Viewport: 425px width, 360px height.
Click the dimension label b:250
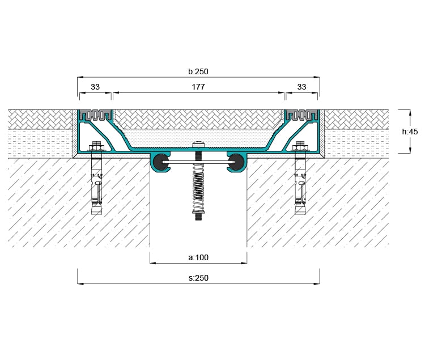tap(198, 71)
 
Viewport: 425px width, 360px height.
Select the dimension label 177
tap(198, 87)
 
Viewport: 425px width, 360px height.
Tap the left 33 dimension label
tap(95, 87)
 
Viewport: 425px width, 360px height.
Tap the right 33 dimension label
tap(301, 87)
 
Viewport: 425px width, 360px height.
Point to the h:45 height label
tap(410, 132)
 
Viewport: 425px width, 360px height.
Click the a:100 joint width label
tap(198, 257)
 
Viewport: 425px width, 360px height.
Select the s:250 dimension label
tap(198, 278)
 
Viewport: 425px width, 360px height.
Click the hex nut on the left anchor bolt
tap(97, 147)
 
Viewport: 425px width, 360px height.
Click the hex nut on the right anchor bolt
tap(300, 147)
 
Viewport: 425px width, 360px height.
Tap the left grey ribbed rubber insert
tap(95, 115)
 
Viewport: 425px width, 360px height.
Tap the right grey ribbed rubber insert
tap(301, 115)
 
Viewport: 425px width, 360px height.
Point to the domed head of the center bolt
tap(198, 144)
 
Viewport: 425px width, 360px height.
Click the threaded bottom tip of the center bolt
tap(198, 217)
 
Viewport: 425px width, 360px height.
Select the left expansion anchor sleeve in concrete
tap(97, 187)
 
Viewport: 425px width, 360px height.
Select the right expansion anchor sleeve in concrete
tap(300, 187)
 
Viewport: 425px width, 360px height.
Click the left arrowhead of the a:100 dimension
tap(153, 263)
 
